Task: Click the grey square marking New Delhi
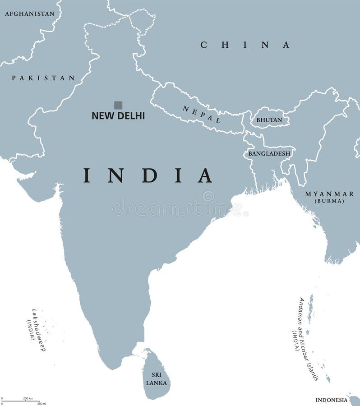[x=118, y=105]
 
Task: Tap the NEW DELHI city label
[x=118, y=116]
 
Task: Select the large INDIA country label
[x=148, y=175]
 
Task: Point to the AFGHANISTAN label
[x=29, y=14]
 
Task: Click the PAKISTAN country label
[x=43, y=78]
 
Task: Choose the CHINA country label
[x=245, y=45]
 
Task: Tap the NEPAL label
[x=202, y=115]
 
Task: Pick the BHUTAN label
[x=269, y=120]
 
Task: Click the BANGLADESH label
[x=269, y=153]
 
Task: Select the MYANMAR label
[x=329, y=194]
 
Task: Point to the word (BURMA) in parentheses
[x=329, y=201]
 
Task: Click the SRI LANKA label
[x=156, y=379]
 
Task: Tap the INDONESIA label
[x=331, y=400]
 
